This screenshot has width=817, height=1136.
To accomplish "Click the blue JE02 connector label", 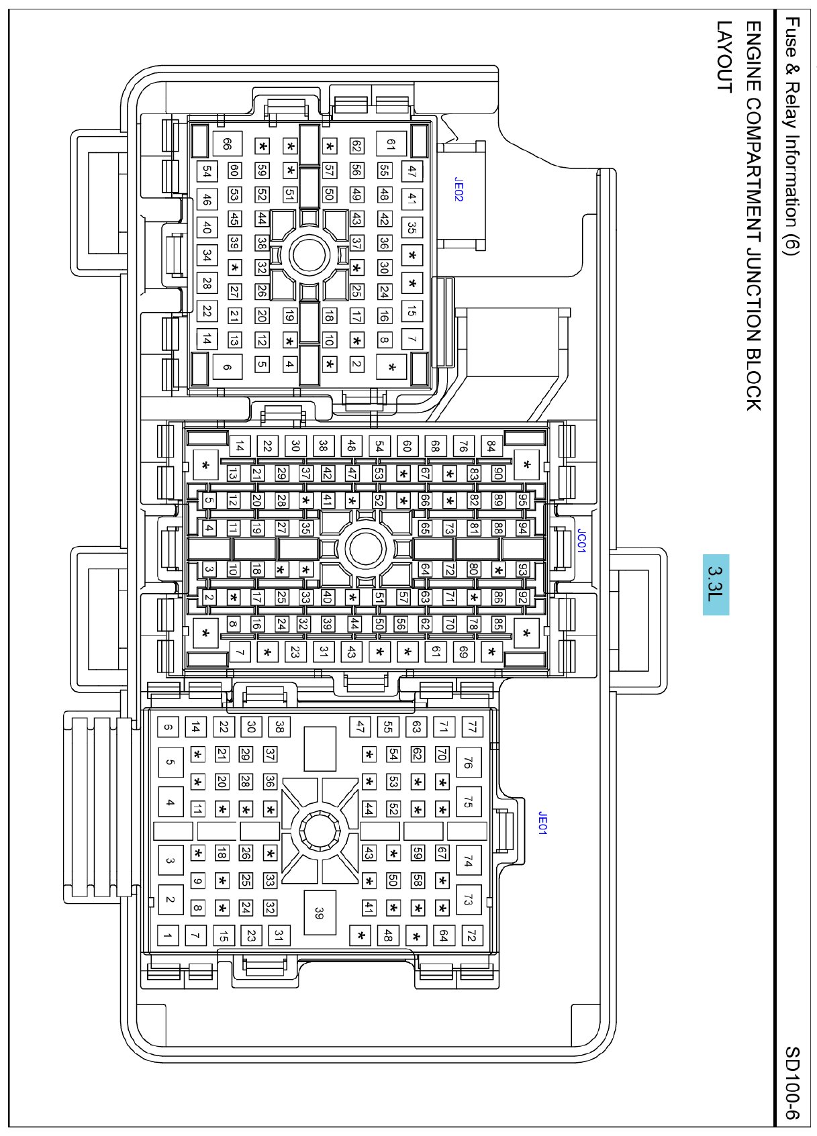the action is (x=459, y=189).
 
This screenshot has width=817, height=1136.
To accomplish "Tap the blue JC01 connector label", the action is (x=581, y=541).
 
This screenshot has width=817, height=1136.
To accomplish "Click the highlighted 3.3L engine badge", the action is (x=716, y=584).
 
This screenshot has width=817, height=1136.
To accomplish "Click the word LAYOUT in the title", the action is (x=724, y=57).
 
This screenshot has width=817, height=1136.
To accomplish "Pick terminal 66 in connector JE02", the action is (x=227, y=144).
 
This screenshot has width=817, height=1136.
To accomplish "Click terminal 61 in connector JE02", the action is (x=390, y=144).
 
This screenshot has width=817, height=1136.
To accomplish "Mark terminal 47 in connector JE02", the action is (x=412, y=171).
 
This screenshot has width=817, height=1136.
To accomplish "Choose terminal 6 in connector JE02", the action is (x=227, y=366).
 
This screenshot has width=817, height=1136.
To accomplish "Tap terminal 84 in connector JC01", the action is (x=491, y=446).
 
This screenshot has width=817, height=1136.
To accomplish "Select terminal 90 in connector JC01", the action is (x=498, y=473).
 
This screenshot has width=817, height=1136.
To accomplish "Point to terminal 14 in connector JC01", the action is (x=240, y=446).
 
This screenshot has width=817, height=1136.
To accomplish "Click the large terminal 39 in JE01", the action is (x=320, y=913).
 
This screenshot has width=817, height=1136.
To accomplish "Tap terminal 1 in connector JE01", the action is (x=168, y=935).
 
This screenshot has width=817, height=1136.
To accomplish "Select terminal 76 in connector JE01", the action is (x=469, y=762).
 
